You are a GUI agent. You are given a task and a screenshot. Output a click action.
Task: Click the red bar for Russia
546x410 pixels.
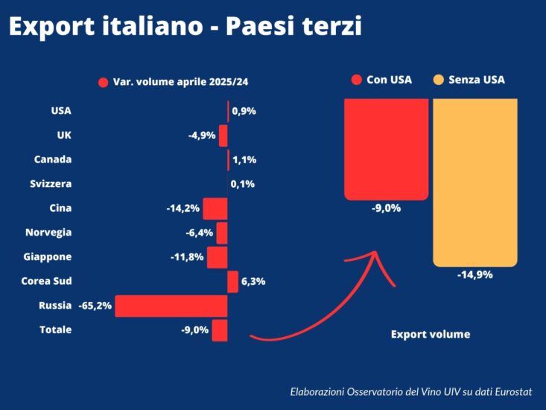tap(171, 306)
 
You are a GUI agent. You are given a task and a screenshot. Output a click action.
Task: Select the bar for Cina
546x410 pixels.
tap(215, 208)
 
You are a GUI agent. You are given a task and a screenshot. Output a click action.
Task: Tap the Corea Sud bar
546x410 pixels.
tap(232, 281)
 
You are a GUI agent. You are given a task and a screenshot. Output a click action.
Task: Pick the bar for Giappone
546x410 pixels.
tap(217, 257)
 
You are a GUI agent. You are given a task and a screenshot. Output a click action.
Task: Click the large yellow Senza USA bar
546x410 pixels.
tap(474, 182)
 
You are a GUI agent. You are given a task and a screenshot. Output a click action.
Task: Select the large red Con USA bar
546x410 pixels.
tap(386, 148)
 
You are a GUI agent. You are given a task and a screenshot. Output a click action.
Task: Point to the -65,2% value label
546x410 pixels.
tap(95, 306)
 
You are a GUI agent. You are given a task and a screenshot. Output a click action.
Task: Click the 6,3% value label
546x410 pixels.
tap(253, 281)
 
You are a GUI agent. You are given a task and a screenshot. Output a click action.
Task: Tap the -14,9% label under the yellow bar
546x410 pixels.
tap(474, 274)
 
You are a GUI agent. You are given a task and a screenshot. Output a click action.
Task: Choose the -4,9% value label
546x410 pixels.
tap(202, 136)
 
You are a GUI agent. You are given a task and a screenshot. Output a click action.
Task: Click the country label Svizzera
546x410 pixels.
tap(51, 183)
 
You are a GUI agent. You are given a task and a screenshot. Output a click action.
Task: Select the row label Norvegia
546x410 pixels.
tap(48, 232)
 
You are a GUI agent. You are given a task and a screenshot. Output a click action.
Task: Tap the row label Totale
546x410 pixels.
tap(55, 329)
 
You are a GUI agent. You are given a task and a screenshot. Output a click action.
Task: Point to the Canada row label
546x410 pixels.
tap(53, 160)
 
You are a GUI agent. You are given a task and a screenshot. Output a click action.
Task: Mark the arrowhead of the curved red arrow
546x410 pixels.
tap(376, 257)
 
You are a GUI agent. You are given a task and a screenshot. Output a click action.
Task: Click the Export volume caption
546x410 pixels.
tap(431, 334)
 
